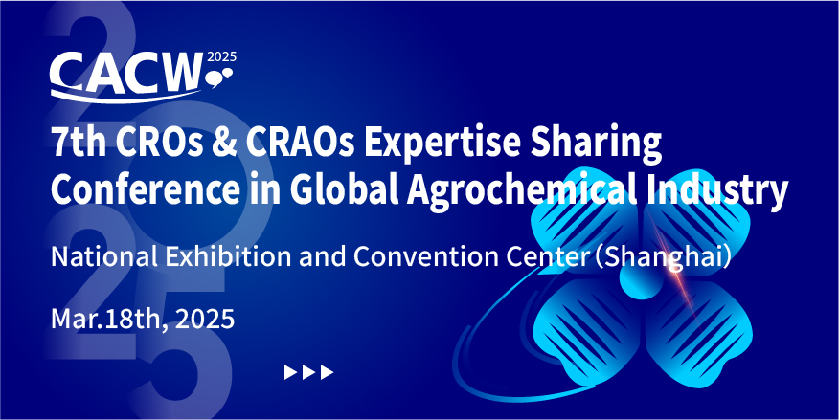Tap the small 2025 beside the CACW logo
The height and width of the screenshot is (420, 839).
point(221,57)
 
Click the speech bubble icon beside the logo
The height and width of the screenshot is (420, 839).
point(219,77)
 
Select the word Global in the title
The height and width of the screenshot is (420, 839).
point(340,190)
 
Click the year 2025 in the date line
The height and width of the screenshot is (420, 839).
point(205,319)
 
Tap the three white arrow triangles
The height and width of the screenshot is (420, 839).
point(308,372)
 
